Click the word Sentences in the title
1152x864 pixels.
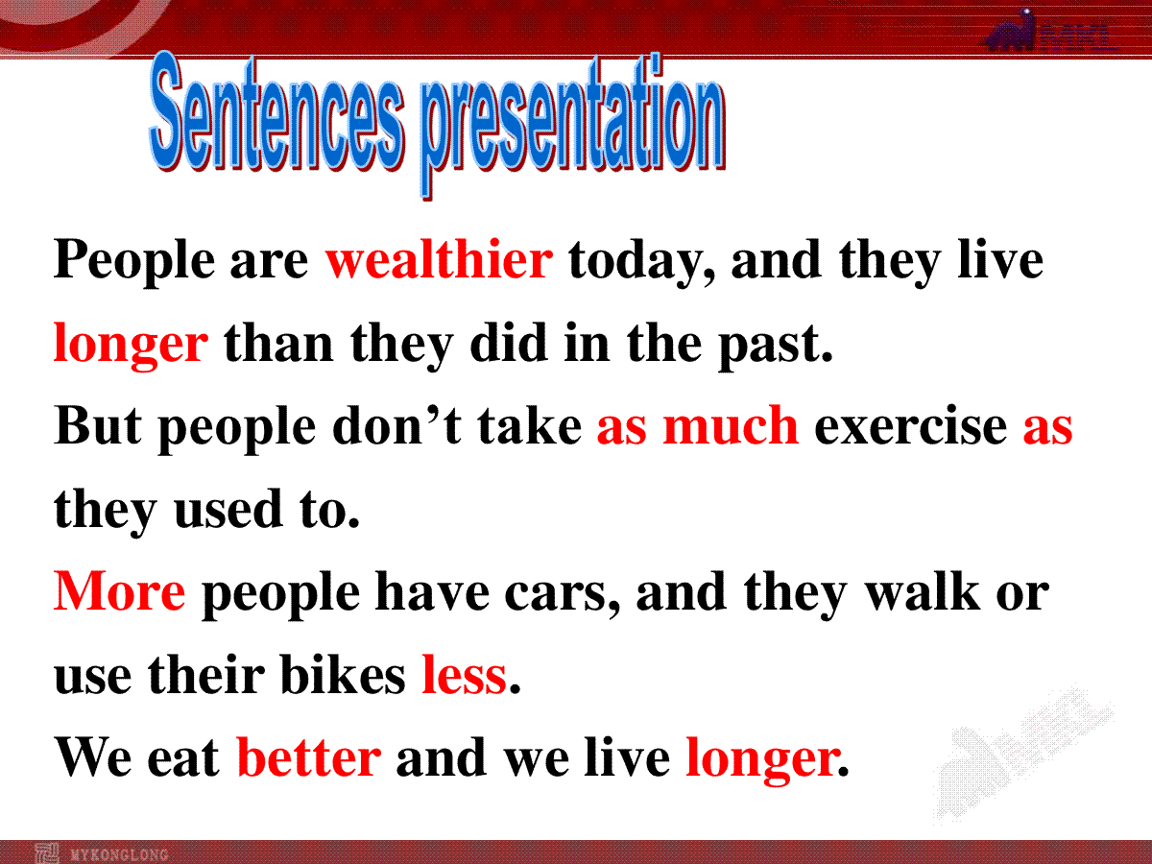pyautogui.click(x=277, y=112)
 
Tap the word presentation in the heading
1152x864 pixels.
pyautogui.click(x=574, y=126)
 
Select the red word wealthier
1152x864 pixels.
pyautogui.click(x=439, y=259)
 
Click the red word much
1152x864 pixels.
pyautogui.click(x=731, y=425)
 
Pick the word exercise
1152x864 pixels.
pyautogui.click(x=911, y=427)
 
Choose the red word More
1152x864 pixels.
pyautogui.click(x=120, y=591)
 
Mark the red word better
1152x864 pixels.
pyautogui.click(x=308, y=757)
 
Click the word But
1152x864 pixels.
pyautogui.click(x=98, y=425)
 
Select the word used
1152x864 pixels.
pyautogui.click(x=228, y=509)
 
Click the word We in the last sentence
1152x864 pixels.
pyautogui.click(x=93, y=757)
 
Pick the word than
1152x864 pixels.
pyautogui.click(x=278, y=343)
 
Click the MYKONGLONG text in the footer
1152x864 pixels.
pyautogui.click(x=119, y=854)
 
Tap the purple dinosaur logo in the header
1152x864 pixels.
pyautogui.click(x=1010, y=31)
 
